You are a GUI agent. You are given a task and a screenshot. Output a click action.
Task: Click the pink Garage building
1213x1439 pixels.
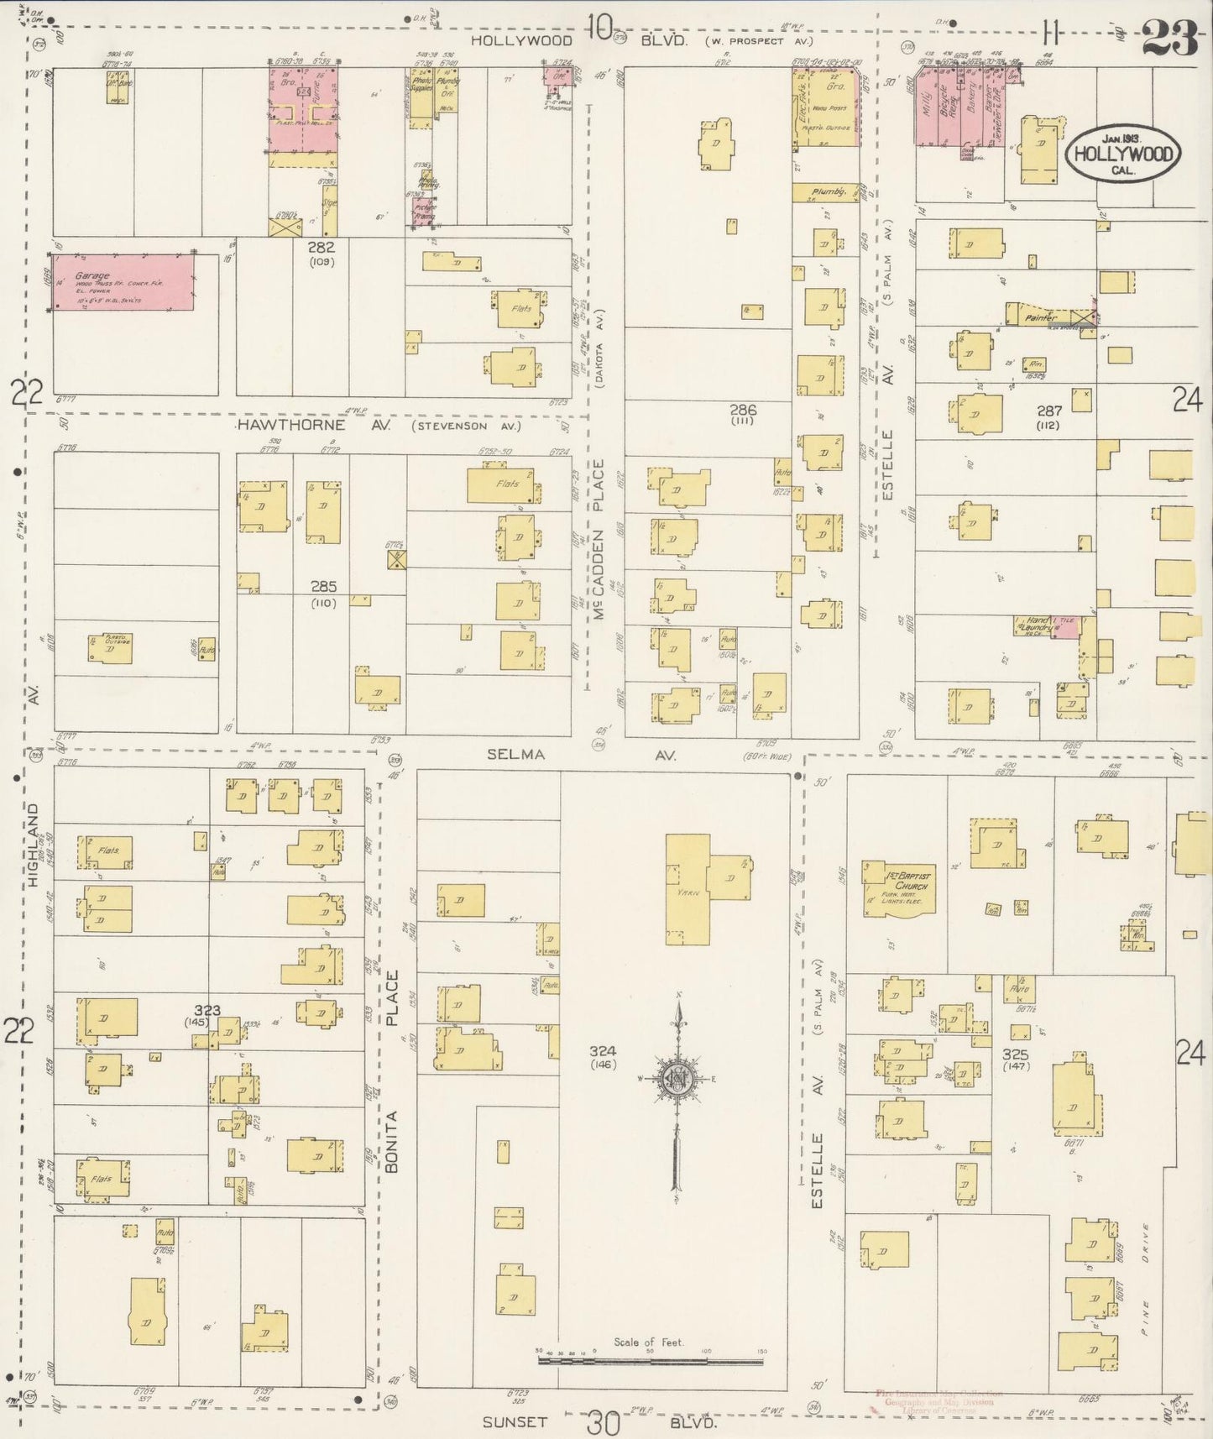tap(123, 282)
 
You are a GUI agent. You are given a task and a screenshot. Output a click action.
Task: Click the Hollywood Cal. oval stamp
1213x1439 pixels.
tap(1122, 154)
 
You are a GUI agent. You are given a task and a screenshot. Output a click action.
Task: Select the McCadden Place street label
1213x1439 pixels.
tap(599, 537)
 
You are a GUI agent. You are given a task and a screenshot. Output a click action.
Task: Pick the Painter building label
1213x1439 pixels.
tap(1039, 317)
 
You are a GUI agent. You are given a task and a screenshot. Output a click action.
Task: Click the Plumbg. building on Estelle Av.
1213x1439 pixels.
tap(826, 193)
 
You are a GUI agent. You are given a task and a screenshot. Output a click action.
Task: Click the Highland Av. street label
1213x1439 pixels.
tap(34, 844)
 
